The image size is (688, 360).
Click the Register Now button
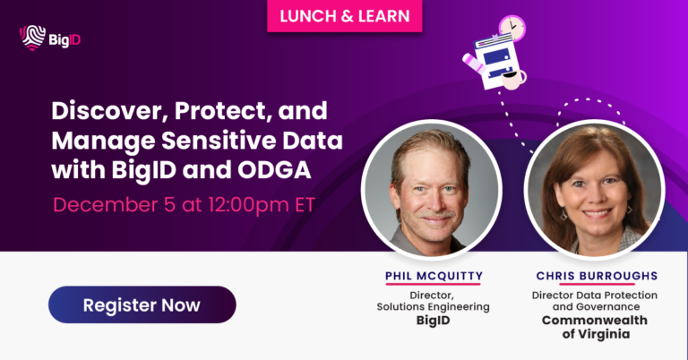pyautogui.click(x=142, y=304)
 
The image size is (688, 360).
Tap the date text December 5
pyautogui.click(x=110, y=204)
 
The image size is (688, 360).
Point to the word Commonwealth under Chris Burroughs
pyautogui.click(x=594, y=320)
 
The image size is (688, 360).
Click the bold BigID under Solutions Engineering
pyautogui.click(x=433, y=320)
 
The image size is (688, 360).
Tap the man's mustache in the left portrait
pyautogui.click(x=433, y=216)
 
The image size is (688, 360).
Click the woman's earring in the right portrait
pyautogui.click(x=563, y=214)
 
